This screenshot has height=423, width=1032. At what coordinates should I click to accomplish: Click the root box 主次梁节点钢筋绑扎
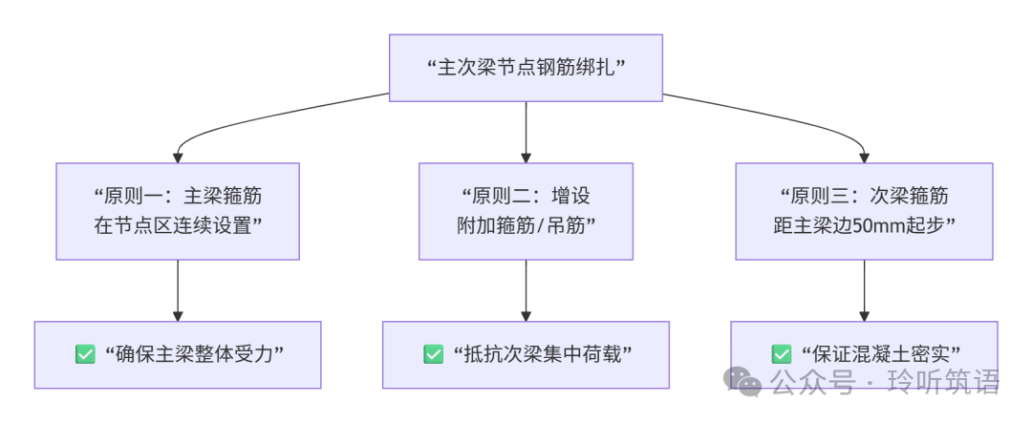coord(526,68)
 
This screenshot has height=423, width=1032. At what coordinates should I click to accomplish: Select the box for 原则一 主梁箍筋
coord(178,211)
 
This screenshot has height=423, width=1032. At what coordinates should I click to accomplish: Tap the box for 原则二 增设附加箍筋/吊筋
coord(526,211)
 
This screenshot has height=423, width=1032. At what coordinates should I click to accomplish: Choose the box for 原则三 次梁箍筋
coord(864,211)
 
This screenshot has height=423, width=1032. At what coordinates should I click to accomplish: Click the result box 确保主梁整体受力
coord(178,354)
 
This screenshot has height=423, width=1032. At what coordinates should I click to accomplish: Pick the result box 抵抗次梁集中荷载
coord(526,354)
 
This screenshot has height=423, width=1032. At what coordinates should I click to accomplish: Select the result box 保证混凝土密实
coord(864,354)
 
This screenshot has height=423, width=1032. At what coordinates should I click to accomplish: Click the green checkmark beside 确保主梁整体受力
coord(85,354)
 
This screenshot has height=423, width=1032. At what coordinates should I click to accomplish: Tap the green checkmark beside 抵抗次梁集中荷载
coord(433,354)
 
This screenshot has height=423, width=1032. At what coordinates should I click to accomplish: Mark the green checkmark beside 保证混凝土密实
coord(782,354)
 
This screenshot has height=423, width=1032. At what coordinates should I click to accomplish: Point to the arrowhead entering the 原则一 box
coord(178,157)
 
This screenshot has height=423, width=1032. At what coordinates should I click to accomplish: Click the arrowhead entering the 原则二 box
coord(526,157)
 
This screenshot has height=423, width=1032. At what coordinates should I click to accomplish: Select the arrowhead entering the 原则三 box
coord(864,157)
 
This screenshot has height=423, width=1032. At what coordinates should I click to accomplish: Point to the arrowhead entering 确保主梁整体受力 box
coord(178,315)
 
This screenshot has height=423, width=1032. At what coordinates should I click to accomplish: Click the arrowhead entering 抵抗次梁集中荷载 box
coord(526,315)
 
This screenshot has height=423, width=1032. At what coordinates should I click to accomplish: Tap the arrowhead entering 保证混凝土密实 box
coord(864,315)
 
